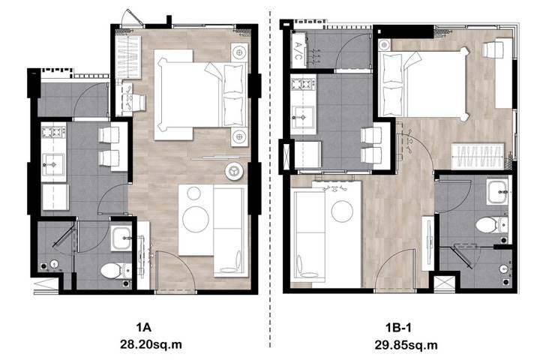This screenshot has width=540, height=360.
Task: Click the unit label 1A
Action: [x=143, y=327]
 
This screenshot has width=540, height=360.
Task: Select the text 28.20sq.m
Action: [x=151, y=344]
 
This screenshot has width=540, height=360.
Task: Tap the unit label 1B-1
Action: [x=398, y=328]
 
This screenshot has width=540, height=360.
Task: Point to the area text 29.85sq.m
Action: [x=406, y=345]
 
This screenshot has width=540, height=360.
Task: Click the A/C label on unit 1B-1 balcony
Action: [x=298, y=50]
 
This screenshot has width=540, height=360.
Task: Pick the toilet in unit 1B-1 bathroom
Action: [x=491, y=225]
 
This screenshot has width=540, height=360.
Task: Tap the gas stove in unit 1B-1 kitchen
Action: [x=303, y=84]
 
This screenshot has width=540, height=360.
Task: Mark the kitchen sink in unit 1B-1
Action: [x=303, y=117]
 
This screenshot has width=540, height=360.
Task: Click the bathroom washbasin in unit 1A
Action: [x=121, y=238]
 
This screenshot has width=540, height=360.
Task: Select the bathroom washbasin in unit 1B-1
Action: [x=497, y=191]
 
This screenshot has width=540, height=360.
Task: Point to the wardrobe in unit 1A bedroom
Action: [x=128, y=57]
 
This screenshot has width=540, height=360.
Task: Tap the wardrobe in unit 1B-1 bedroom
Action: [x=477, y=155]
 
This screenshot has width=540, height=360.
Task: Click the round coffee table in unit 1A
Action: [x=196, y=219]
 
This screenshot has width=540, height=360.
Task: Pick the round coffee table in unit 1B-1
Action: [x=342, y=211]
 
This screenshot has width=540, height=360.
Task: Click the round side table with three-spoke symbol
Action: [x=234, y=170]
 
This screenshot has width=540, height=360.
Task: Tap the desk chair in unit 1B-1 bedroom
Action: [x=489, y=49]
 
